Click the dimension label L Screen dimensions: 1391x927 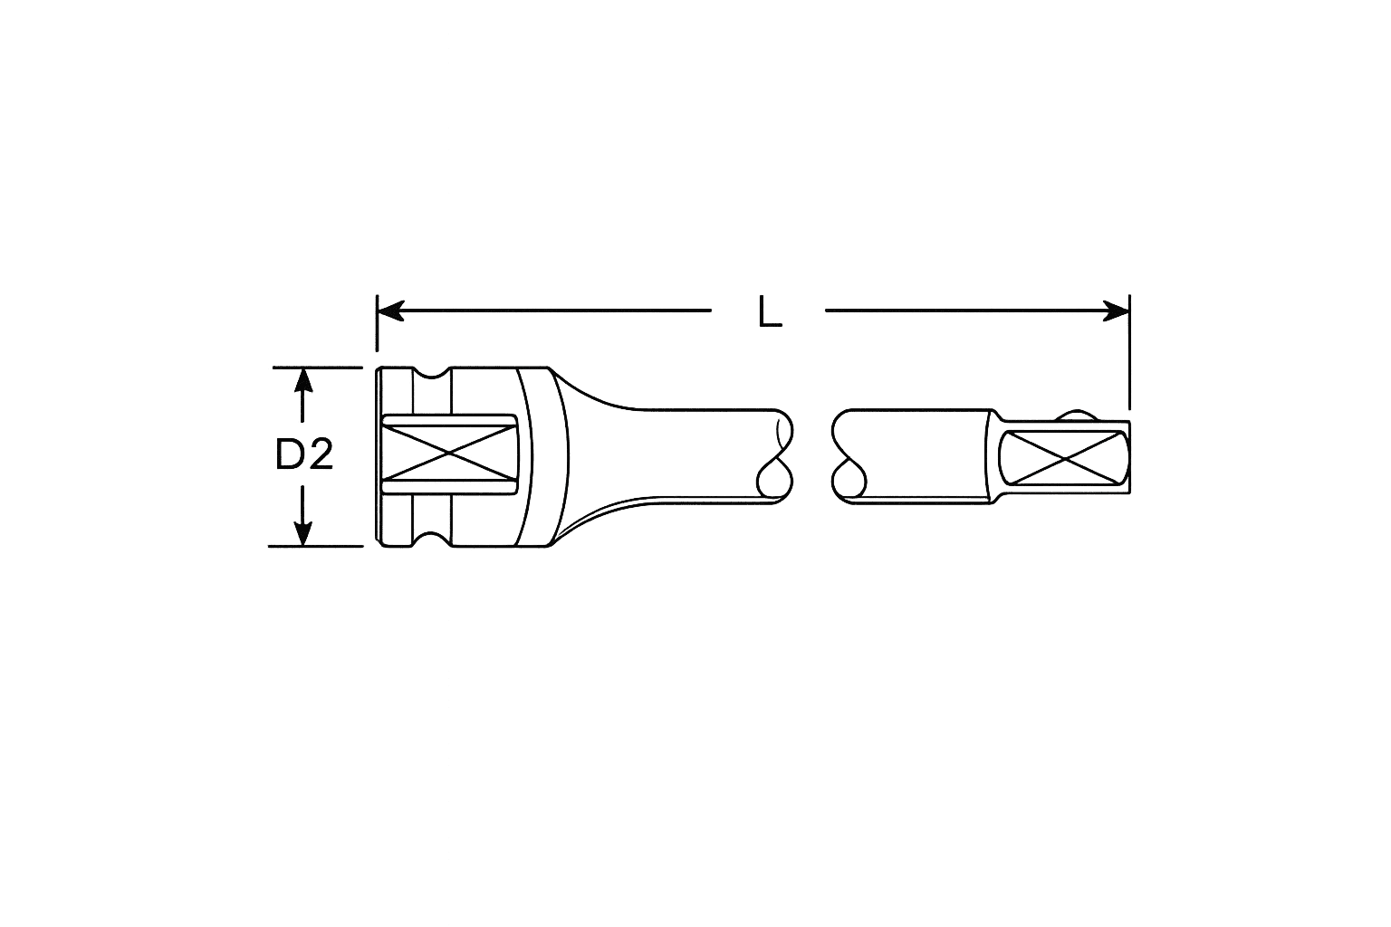pos(770,312)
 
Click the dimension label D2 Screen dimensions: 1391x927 pos(304,454)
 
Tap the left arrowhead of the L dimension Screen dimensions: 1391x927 pos(391,311)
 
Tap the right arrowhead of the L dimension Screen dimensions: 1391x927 pos(1116,311)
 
